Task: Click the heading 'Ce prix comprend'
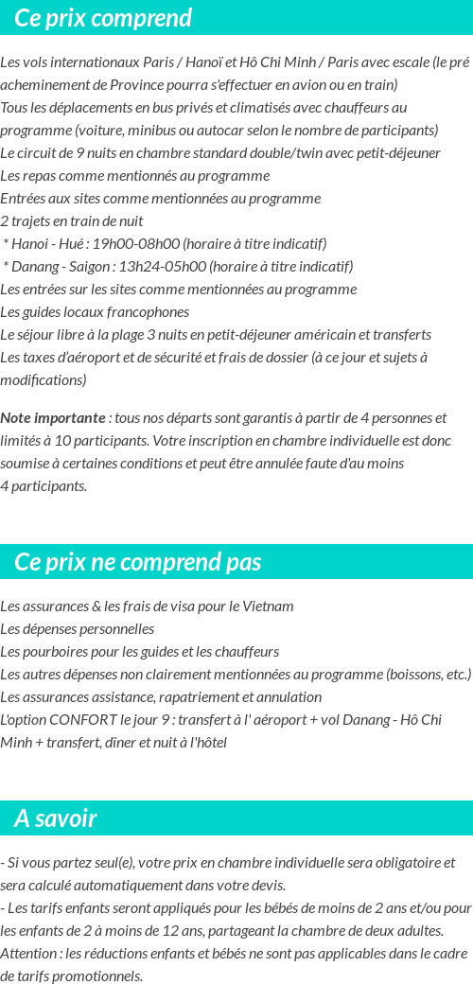[x=103, y=18]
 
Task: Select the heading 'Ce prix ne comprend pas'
[x=137, y=562]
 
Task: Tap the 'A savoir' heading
[x=56, y=818]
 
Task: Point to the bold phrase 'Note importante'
[x=53, y=418]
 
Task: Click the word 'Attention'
[x=27, y=954]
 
